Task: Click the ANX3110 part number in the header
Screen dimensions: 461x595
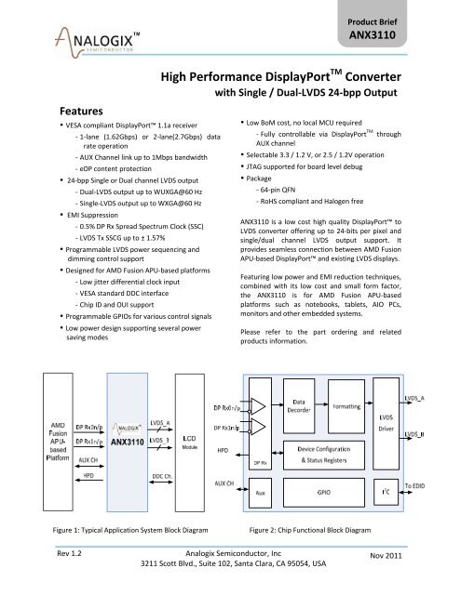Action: click(414, 36)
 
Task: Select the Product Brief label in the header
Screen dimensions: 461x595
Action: click(414, 18)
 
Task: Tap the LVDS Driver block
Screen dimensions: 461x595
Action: click(381, 436)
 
